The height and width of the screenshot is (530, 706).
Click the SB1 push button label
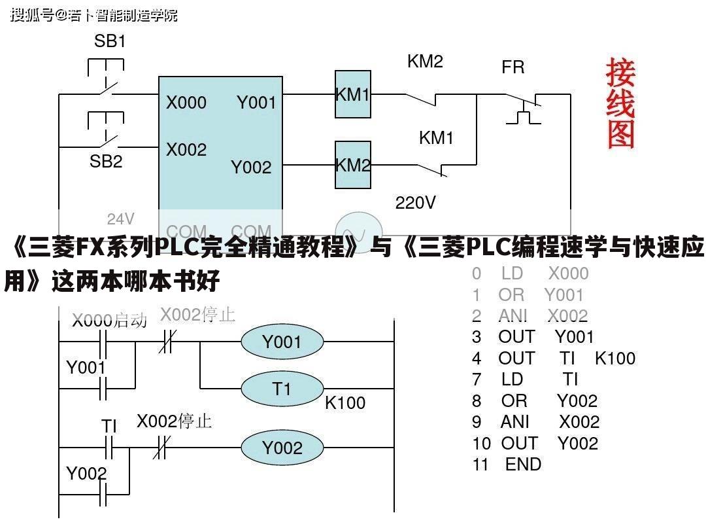[x=110, y=41]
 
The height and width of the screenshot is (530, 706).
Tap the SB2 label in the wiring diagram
[x=106, y=162]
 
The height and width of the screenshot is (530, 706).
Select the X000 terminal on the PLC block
[x=186, y=103]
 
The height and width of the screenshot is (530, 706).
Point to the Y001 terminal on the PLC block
[x=256, y=103]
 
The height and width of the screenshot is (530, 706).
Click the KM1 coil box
[x=353, y=95]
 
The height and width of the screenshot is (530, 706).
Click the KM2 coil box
[x=353, y=165]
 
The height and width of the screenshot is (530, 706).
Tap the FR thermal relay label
[x=513, y=67]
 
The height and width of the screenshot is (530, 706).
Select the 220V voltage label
[x=415, y=203]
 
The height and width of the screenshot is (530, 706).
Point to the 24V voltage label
[x=121, y=219]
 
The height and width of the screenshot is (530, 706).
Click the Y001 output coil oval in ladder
[x=282, y=342]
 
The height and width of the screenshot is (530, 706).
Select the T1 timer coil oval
[x=282, y=389]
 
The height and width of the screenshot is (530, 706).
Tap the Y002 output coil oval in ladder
[x=282, y=448]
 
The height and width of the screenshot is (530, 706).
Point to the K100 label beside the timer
[x=345, y=403]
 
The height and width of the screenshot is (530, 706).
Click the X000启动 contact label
[x=109, y=321]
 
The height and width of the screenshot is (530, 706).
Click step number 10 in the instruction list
[x=481, y=444]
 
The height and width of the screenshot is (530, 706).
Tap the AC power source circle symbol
[x=358, y=230]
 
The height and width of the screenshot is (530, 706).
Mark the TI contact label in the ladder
[x=109, y=426]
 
